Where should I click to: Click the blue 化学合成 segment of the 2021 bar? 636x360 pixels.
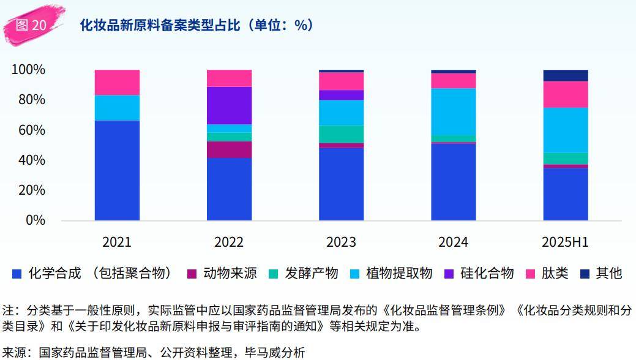[117, 170]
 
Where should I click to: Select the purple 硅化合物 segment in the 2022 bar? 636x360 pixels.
[229, 105]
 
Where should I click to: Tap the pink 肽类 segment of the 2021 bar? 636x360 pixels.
[117, 82]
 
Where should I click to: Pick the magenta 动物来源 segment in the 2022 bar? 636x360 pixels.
[229, 149]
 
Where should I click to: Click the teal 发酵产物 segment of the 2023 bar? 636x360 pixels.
[341, 134]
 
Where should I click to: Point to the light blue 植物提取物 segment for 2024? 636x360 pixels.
[453, 111]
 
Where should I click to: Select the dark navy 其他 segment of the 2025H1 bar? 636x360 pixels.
[565, 75]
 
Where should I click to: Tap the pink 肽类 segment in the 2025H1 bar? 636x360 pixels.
[565, 94]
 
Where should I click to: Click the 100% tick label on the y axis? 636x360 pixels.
[28, 70]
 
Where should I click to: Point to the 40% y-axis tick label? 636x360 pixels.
[31, 160]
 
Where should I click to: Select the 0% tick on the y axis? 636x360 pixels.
[35, 220]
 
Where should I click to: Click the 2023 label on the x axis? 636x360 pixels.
[341, 242]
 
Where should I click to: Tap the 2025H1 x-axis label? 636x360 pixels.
[565, 242]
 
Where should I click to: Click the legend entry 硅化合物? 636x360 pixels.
[487, 273]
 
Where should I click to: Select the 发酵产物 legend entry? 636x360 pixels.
[311, 273]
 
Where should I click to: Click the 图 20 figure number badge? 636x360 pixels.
[31, 25]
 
